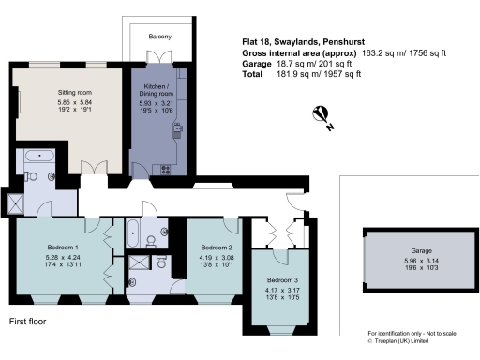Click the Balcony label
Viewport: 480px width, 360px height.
[158, 37]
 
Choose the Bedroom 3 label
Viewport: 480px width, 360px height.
[283, 280]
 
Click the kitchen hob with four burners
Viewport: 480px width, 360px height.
[167, 169]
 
